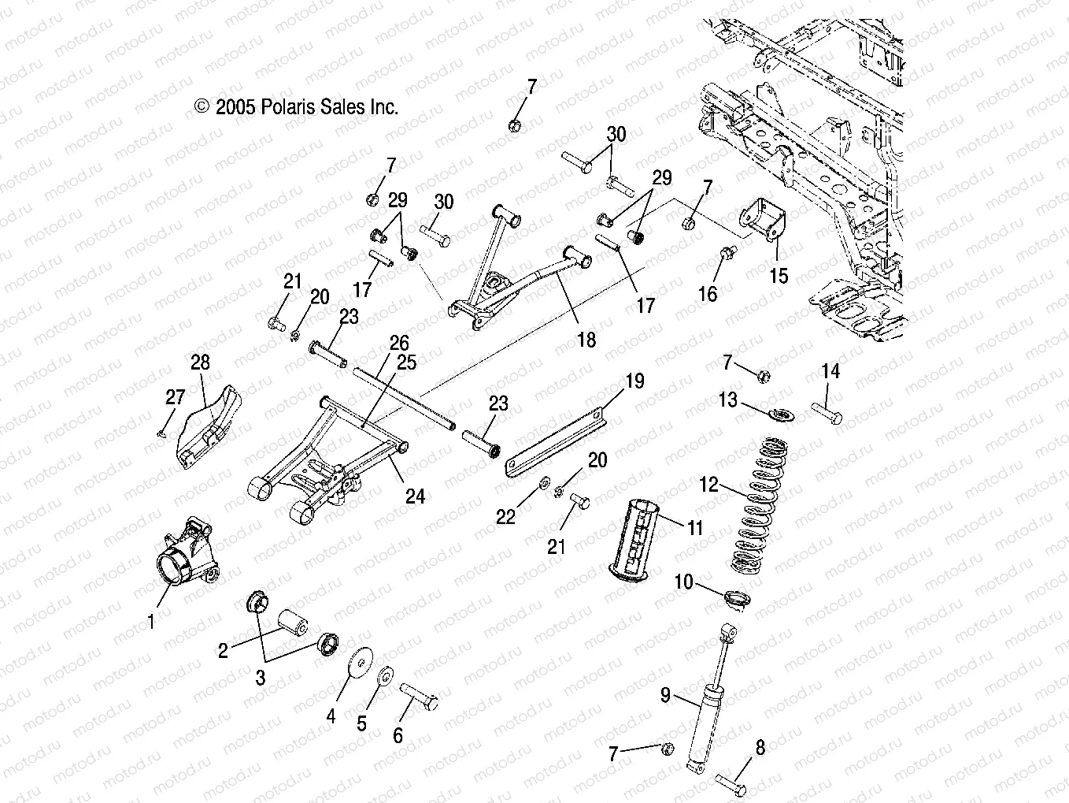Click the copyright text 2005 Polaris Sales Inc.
pos(297,107)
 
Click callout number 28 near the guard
pos(201,362)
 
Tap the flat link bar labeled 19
pos(556,438)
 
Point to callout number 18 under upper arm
pos(586,340)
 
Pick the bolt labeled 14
pos(826,413)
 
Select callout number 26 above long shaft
pos(399,344)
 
